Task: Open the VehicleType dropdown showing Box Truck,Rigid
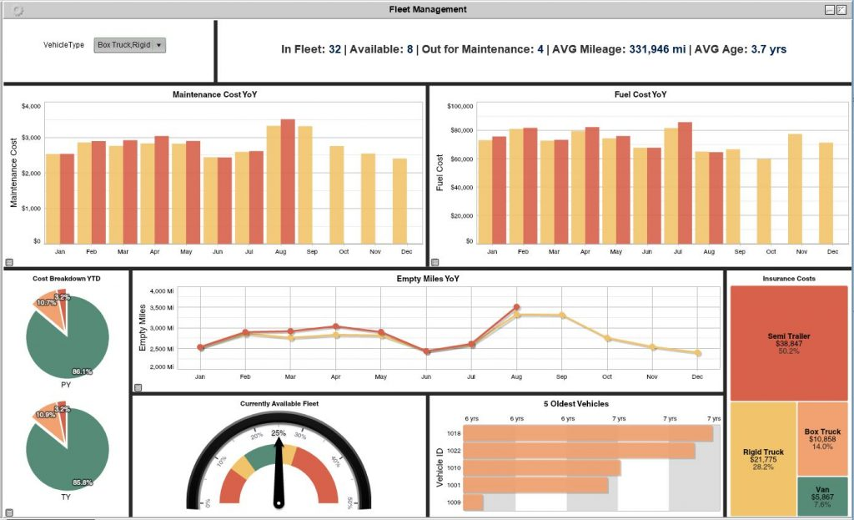coord(130,45)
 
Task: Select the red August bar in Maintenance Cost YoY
coord(288,181)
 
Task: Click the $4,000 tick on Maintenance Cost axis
coord(31,107)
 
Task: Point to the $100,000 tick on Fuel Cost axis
coord(460,107)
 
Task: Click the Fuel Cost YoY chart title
coord(640,94)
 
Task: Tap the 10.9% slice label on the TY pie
coord(47,415)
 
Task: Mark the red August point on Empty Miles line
coord(517,307)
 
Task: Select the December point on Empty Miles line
coord(698,353)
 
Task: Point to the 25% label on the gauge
coord(279,433)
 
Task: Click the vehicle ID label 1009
coord(453,502)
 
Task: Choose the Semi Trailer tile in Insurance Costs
coord(789,343)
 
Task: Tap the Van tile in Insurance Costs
coord(821,496)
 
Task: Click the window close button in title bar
coord(841,9)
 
